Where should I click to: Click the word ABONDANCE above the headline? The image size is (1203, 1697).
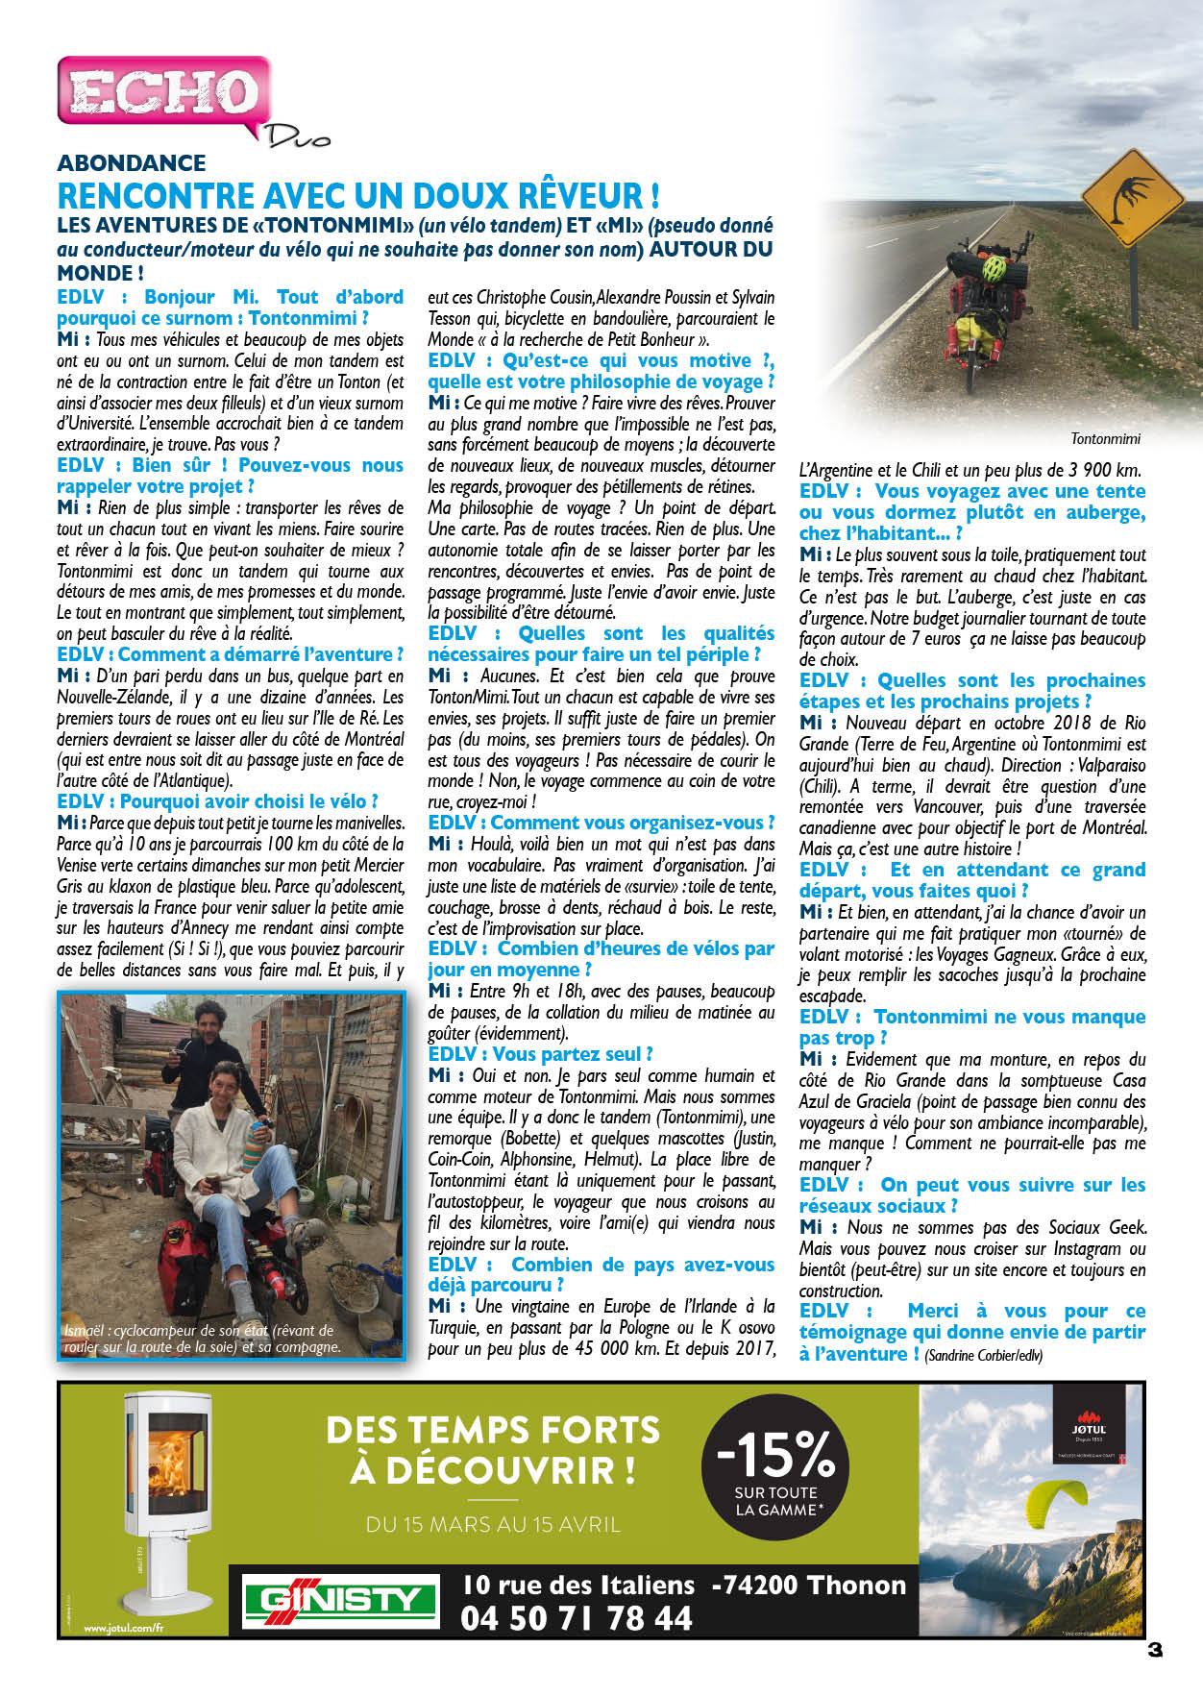tap(132, 163)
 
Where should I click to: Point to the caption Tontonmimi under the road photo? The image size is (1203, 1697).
tap(1105, 438)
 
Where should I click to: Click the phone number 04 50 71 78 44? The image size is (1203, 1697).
tap(577, 1619)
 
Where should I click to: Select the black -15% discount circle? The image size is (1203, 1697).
tap(775, 1466)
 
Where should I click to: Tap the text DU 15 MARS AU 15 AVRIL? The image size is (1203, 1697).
tap(493, 1524)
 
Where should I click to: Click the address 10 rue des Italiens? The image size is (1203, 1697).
tap(578, 1585)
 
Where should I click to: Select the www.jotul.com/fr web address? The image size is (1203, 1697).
tap(123, 1629)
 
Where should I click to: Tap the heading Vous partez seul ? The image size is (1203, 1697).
tap(540, 1054)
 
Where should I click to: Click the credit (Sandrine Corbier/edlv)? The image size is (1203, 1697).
tap(983, 1356)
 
